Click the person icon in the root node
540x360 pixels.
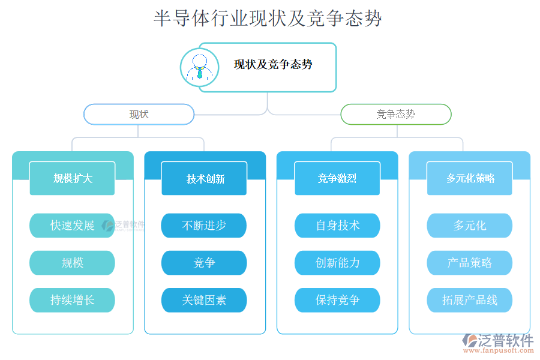pyautogui.click(x=199, y=67)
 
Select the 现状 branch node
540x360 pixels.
pyautogui.click(x=139, y=114)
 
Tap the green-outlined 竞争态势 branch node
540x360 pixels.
pyautogui.click(x=395, y=114)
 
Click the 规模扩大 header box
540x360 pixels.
pyautogui.click(x=73, y=178)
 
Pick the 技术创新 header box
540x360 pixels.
pyautogui.click(x=205, y=178)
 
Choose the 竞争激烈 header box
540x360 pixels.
pyautogui.click(x=337, y=178)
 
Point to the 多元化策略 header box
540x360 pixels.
pyautogui.click(x=470, y=178)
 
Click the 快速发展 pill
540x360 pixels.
pyautogui.click(x=72, y=226)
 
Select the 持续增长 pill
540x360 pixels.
pyautogui.click(x=72, y=300)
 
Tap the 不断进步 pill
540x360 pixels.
pyautogui.click(x=204, y=226)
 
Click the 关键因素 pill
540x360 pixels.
pyautogui.click(x=204, y=300)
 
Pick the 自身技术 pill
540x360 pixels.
pyautogui.click(x=337, y=226)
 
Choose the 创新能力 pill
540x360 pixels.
pyautogui.click(x=337, y=263)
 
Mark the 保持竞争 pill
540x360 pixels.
pyautogui.click(x=337, y=300)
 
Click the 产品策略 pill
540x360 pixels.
pyautogui.click(x=470, y=263)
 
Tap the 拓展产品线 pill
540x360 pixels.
pyautogui.click(x=470, y=300)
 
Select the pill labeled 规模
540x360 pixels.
pyautogui.click(x=72, y=263)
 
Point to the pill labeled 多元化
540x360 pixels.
pyautogui.click(x=470, y=226)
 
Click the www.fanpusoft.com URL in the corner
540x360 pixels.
pyautogui.click(x=500, y=352)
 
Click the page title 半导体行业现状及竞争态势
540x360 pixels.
pyautogui.click(x=268, y=18)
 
